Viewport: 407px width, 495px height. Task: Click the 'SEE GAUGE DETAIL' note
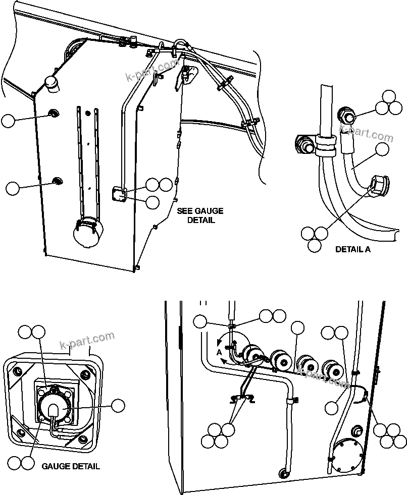point(200,215)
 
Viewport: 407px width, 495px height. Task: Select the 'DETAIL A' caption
point(353,249)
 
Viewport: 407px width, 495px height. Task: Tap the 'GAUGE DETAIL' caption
point(71,466)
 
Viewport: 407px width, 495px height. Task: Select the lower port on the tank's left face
point(57,180)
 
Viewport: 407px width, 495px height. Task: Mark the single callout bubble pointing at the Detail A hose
point(383,149)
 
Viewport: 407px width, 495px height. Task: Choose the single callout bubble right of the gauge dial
point(118,405)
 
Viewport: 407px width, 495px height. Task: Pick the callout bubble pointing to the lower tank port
point(12,188)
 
